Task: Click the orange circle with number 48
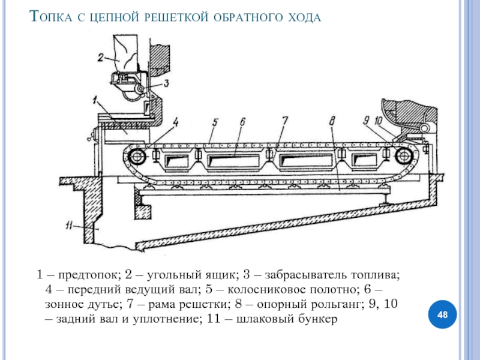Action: coord(443,315)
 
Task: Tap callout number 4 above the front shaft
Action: coord(176,122)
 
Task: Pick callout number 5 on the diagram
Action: coord(214,122)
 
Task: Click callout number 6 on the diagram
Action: coord(242,122)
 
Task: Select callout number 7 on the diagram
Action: coord(286,122)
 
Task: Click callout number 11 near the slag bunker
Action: coord(69,226)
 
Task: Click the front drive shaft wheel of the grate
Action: coord(136,157)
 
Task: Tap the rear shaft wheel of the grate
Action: coord(403,157)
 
